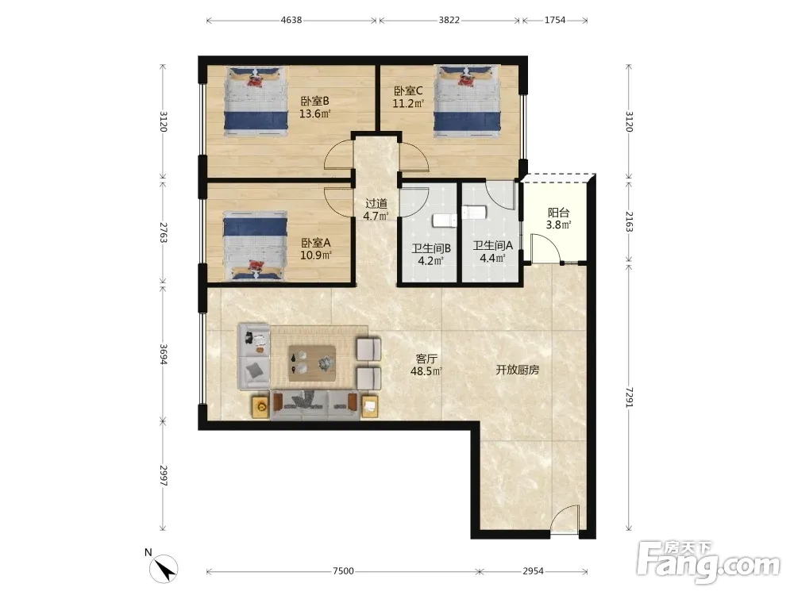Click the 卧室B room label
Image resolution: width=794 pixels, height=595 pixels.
tap(315, 102)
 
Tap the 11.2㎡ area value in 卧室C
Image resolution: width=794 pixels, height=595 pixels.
tap(408, 104)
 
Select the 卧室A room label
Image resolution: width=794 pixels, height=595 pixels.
tap(316, 243)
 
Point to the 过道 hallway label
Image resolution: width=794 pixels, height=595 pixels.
tap(376, 203)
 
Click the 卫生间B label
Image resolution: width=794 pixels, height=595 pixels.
tap(431, 248)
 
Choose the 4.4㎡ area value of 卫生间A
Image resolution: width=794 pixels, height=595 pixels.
tap(493, 258)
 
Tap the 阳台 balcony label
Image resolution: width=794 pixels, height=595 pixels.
tap(558, 213)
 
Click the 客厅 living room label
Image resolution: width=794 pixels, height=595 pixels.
tap(426, 359)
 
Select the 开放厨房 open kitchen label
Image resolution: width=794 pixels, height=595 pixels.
tap(517, 370)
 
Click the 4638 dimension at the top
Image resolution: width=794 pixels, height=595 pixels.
tap(291, 21)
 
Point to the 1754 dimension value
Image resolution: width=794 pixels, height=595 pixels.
tap(555, 21)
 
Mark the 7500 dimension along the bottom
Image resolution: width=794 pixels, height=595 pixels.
tap(343, 571)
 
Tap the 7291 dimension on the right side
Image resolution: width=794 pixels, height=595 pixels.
tap(629, 397)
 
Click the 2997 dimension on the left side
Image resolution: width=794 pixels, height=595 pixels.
tap(163, 475)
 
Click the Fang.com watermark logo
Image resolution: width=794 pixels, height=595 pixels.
tap(708, 562)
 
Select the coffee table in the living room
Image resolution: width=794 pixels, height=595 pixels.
tap(312, 363)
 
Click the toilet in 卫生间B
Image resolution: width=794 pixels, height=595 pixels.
tap(444, 221)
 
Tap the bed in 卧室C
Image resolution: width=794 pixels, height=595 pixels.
tap(468, 101)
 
